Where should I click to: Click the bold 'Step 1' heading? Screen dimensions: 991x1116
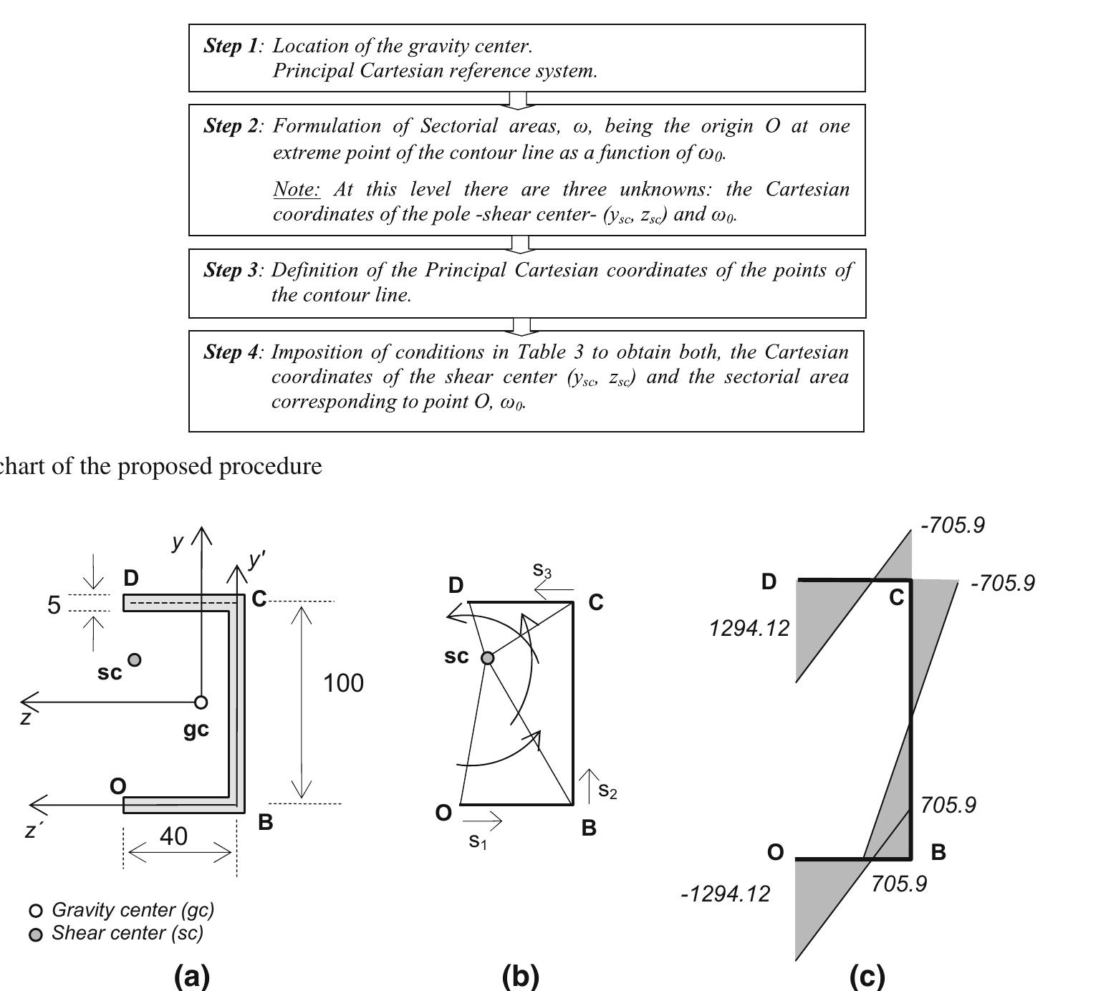pos(231,47)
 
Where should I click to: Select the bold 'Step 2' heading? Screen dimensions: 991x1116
pos(231,126)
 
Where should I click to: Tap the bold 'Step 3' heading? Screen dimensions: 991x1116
pos(231,270)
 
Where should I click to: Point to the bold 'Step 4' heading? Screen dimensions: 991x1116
pos(231,352)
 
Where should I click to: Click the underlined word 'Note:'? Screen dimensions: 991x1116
pos(296,190)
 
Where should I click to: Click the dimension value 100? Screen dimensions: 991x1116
pos(343,684)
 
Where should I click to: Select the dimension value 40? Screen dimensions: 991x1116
pos(173,836)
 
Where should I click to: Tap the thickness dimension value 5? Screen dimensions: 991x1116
pos(54,606)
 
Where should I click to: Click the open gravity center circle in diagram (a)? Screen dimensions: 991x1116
pos(201,702)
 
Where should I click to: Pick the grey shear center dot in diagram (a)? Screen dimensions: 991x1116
pos(134,659)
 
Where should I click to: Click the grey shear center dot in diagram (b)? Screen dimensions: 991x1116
pos(487,658)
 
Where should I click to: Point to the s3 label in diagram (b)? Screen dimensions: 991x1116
pos(542,571)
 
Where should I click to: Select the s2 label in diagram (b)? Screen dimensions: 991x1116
pos(607,791)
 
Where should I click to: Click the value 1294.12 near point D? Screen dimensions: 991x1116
pos(749,629)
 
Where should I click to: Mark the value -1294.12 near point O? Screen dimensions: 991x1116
pos(725,894)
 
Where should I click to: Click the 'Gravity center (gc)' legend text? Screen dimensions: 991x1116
pos(133,910)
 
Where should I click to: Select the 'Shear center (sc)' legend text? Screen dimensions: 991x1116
pos(128,933)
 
